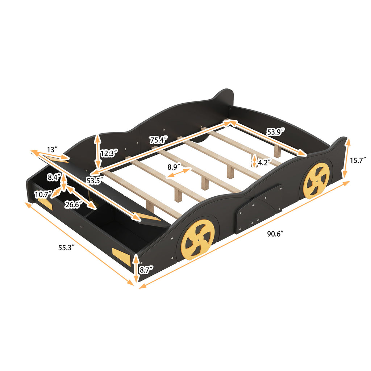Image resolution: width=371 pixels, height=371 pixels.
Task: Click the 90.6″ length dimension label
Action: click(x=275, y=234)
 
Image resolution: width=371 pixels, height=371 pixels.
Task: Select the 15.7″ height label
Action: click(x=358, y=159)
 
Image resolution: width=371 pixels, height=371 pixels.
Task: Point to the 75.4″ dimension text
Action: click(x=159, y=140)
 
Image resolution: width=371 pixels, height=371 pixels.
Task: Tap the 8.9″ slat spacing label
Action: click(x=175, y=168)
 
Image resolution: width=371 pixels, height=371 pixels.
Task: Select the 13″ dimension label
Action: click(x=53, y=149)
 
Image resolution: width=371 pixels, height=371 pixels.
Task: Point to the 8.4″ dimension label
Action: click(x=54, y=178)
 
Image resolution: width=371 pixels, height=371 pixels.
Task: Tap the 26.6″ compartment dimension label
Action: click(x=73, y=204)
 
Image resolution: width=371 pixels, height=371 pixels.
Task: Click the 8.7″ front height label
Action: click(x=147, y=270)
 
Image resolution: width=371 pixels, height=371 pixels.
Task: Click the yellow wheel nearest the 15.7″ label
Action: click(x=316, y=180)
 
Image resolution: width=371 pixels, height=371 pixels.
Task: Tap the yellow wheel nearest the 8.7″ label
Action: click(x=197, y=239)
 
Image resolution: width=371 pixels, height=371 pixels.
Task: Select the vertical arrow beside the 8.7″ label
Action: click(x=136, y=268)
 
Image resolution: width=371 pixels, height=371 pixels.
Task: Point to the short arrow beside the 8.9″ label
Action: click(x=178, y=174)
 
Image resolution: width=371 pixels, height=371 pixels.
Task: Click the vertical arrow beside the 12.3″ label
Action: click(x=97, y=150)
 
